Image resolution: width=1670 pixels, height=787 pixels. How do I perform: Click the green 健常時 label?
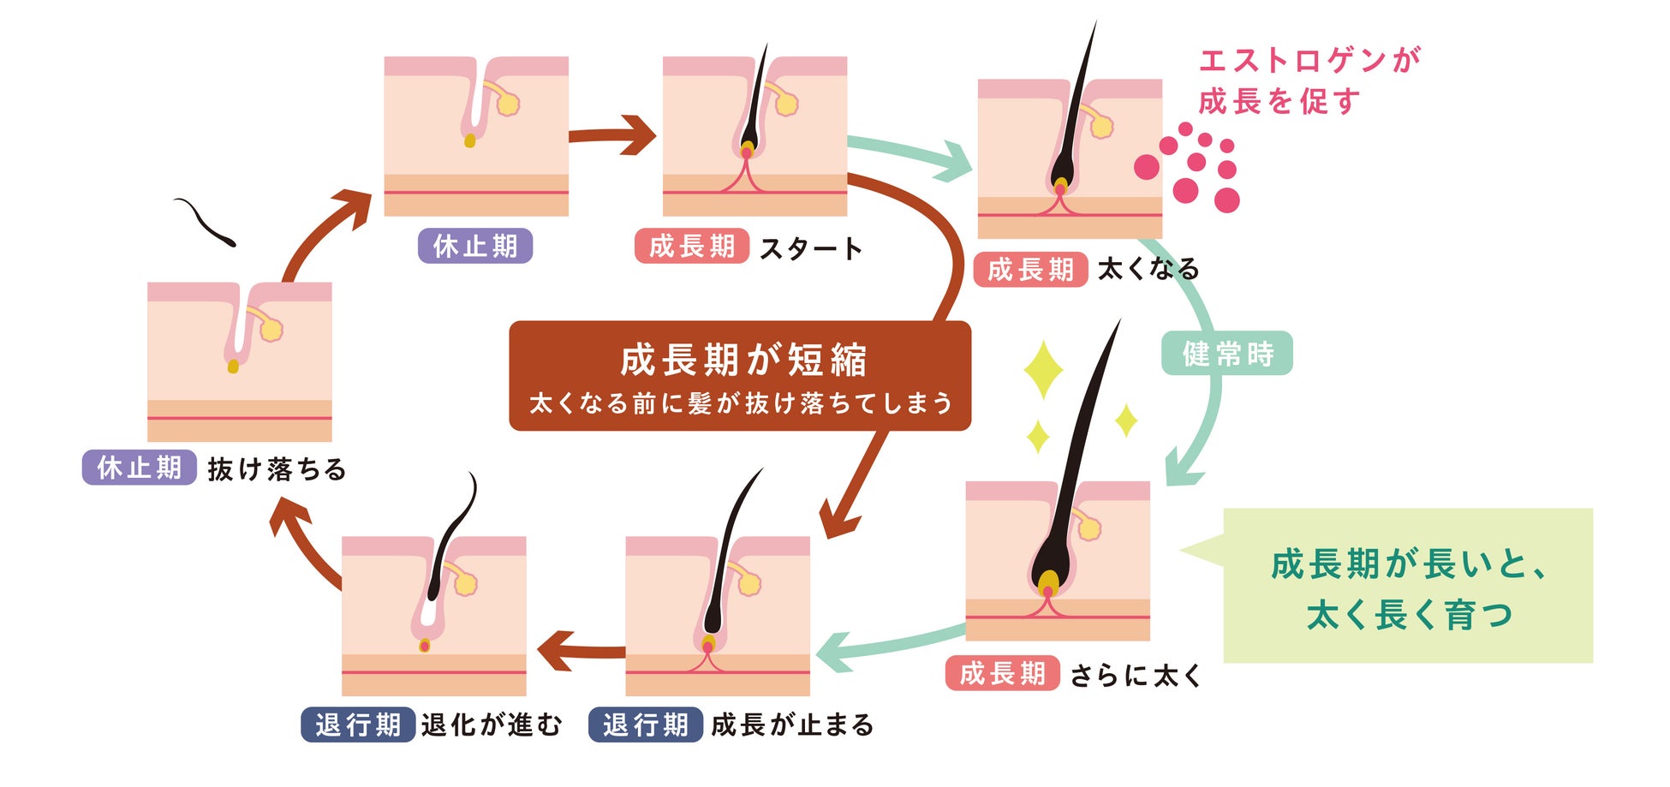tap(1226, 353)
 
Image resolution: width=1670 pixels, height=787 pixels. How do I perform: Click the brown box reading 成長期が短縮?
tap(740, 375)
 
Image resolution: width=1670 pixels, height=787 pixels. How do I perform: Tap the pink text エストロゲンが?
tap(1309, 60)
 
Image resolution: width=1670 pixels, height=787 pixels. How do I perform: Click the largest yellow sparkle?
tap(1043, 370)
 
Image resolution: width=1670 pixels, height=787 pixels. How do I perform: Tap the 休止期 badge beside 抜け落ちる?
tap(140, 468)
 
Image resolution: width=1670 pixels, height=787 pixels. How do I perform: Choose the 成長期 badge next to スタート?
tap(692, 247)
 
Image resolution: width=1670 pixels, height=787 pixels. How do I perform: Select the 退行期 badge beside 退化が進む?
tap(358, 724)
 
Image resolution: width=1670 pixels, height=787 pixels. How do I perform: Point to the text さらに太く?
tap(1136, 675)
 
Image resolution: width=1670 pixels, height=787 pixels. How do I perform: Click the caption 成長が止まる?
tap(792, 724)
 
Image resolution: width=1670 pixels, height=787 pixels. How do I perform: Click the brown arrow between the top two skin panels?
tap(613, 135)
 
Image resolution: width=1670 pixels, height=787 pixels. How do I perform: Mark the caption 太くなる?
tap(1148, 270)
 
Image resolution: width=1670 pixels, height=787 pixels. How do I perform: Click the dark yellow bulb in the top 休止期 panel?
tap(469, 140)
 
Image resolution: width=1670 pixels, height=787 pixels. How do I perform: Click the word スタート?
tap(810, 248)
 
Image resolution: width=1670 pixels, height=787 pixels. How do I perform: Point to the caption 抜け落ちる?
tap(277, 469)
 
